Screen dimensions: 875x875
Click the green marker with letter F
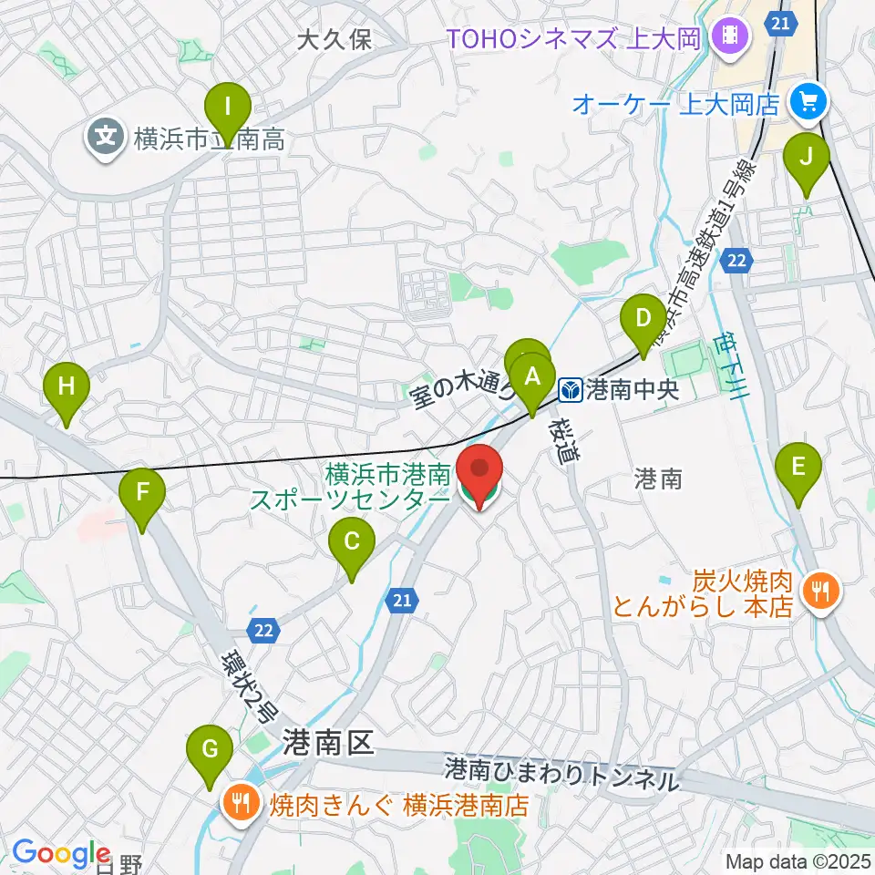[142, 494]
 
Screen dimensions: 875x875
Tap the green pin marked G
[210, 751]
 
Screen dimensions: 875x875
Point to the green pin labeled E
[798, 469]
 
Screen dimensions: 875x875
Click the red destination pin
[479, 472]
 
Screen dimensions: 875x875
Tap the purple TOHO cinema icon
[731, 37]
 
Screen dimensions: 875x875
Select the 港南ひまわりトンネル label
[562, 776]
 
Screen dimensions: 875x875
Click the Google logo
[61, 853]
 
